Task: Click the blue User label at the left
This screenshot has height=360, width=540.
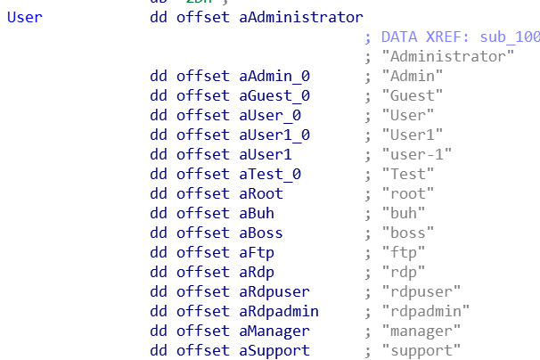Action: click(24, 18)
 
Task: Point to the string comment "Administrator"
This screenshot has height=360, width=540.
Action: click(447, 57)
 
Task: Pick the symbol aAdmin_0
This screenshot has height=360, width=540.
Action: click(274, 77)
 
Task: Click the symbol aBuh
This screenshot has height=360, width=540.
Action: click(257, 214)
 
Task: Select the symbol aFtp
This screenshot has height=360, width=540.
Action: click(257, 253)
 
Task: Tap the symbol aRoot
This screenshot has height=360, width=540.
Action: click(261, 194)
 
